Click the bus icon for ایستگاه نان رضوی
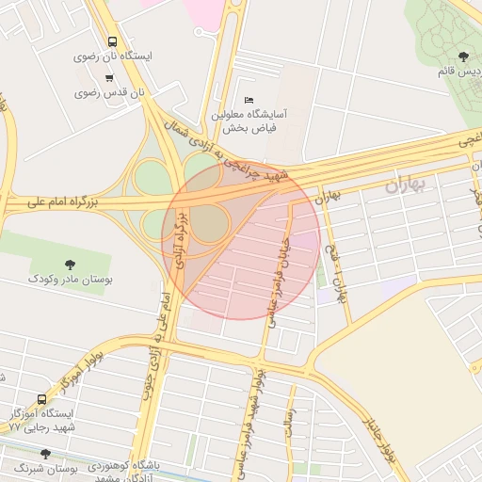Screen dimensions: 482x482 point(112,42)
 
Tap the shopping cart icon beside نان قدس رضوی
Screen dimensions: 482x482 point(111,77)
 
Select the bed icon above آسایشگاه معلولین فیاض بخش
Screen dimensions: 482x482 point(249,100)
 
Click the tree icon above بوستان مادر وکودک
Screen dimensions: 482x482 point(70,265)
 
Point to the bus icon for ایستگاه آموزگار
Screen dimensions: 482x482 point(40,399)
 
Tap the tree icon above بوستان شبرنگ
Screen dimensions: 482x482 point(45,454)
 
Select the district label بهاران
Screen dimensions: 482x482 point(405,185)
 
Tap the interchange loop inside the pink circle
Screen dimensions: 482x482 point(212,223)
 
